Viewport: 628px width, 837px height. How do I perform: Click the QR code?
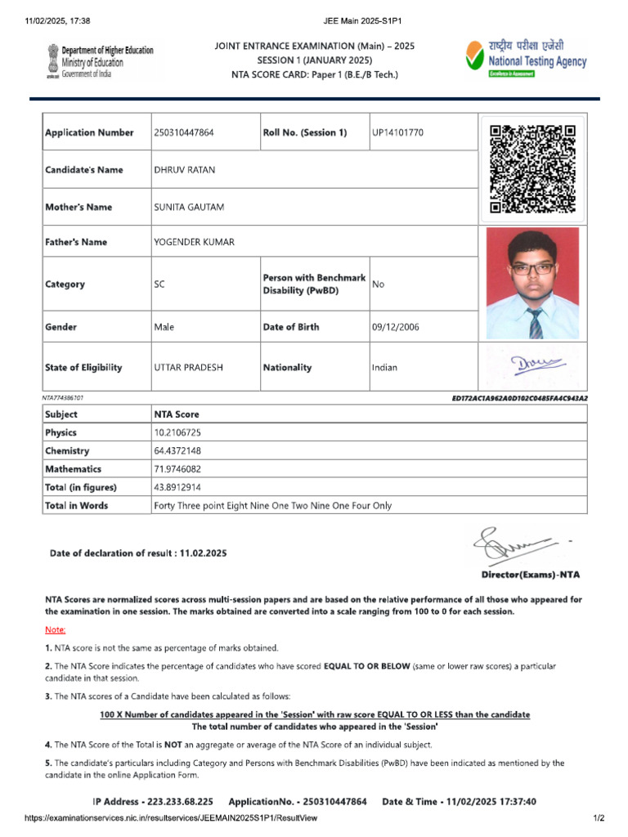tap(532, 169)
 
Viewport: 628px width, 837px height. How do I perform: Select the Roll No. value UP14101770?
tap(397, 133)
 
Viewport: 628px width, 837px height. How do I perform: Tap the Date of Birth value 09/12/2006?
tap(395, 327)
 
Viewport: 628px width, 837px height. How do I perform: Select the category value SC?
tap(159, 284)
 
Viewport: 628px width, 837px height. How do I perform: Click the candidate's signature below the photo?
tap(532, 364)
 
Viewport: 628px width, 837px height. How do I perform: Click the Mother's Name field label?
tap(78, 208)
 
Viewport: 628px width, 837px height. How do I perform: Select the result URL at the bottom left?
tap(159, 817)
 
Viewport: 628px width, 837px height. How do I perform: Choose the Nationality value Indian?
tap(384, 368)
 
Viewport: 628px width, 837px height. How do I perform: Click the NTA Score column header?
tap(177, 414)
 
